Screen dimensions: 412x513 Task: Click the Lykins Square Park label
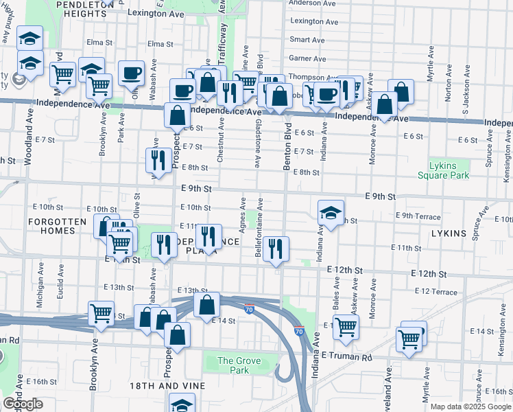click(x=444, y=170)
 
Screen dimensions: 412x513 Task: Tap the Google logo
click(x=23, y=404)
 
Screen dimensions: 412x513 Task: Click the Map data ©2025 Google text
click(x=470, y=407)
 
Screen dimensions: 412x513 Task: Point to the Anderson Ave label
click(x=312, y=3)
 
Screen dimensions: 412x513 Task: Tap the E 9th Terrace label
click(x=418, y=216)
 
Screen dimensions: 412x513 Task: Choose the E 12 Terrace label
click(x=436, y=292)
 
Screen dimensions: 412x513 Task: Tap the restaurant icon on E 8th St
click(x=158, y=161)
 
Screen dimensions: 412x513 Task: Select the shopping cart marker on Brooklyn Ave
click(x=101, y=313)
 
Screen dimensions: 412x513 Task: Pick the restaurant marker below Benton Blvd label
click(x=276, y=249)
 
